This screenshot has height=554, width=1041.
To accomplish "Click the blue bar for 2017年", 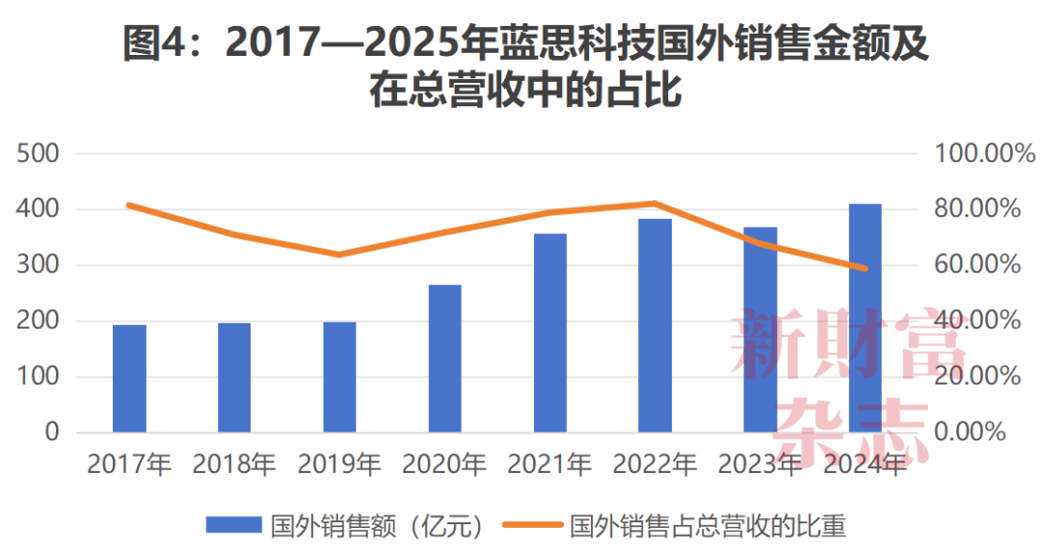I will click(x=129, y=379).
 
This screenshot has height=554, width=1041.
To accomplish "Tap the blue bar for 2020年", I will click(x=444, y=358).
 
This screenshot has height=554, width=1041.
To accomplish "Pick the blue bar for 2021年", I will click(x=550, y=332).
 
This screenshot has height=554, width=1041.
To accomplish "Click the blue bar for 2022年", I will click(x=655, y=326).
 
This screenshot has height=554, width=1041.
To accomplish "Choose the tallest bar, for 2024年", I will click(x=865, y=318).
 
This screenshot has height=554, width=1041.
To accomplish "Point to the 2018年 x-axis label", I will click(x=234, y=464).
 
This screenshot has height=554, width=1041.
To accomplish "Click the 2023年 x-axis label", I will click(x=761, y=464).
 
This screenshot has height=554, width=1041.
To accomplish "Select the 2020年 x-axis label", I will click(x=444, y=464).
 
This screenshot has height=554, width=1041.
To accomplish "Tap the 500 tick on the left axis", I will click(x=39, y=153).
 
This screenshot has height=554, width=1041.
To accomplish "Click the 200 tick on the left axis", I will click(x=39, y=321).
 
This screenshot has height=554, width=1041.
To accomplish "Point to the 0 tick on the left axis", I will click(x=51, y=433).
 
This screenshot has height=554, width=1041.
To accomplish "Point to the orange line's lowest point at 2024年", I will click(x=865, y=269).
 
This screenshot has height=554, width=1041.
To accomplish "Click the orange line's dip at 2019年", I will click(x=339, y=254).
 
